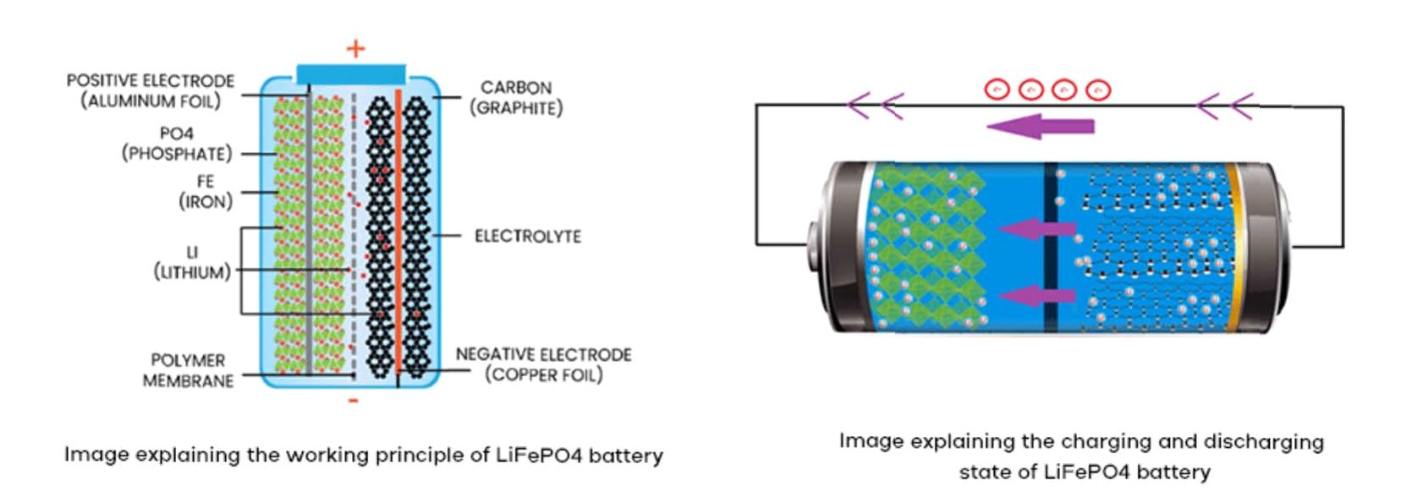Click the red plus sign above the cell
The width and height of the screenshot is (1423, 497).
[355, 49]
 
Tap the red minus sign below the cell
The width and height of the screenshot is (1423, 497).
[354, 400]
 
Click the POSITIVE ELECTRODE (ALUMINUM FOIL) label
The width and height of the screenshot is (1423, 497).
[151, 90]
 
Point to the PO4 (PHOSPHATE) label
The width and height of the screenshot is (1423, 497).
[176, 144]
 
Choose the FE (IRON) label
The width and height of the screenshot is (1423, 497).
[205, 192]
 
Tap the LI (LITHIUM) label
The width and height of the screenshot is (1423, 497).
[192, 262]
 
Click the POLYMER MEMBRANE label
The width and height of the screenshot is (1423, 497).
[188, 370]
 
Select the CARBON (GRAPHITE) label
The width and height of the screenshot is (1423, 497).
[516, 98]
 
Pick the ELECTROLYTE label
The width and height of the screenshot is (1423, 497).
[528, 237]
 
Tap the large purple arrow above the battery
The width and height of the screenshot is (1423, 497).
[1040, 127]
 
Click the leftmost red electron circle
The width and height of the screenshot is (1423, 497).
[997, 89]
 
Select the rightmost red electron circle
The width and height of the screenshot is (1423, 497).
[1098, 89]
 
